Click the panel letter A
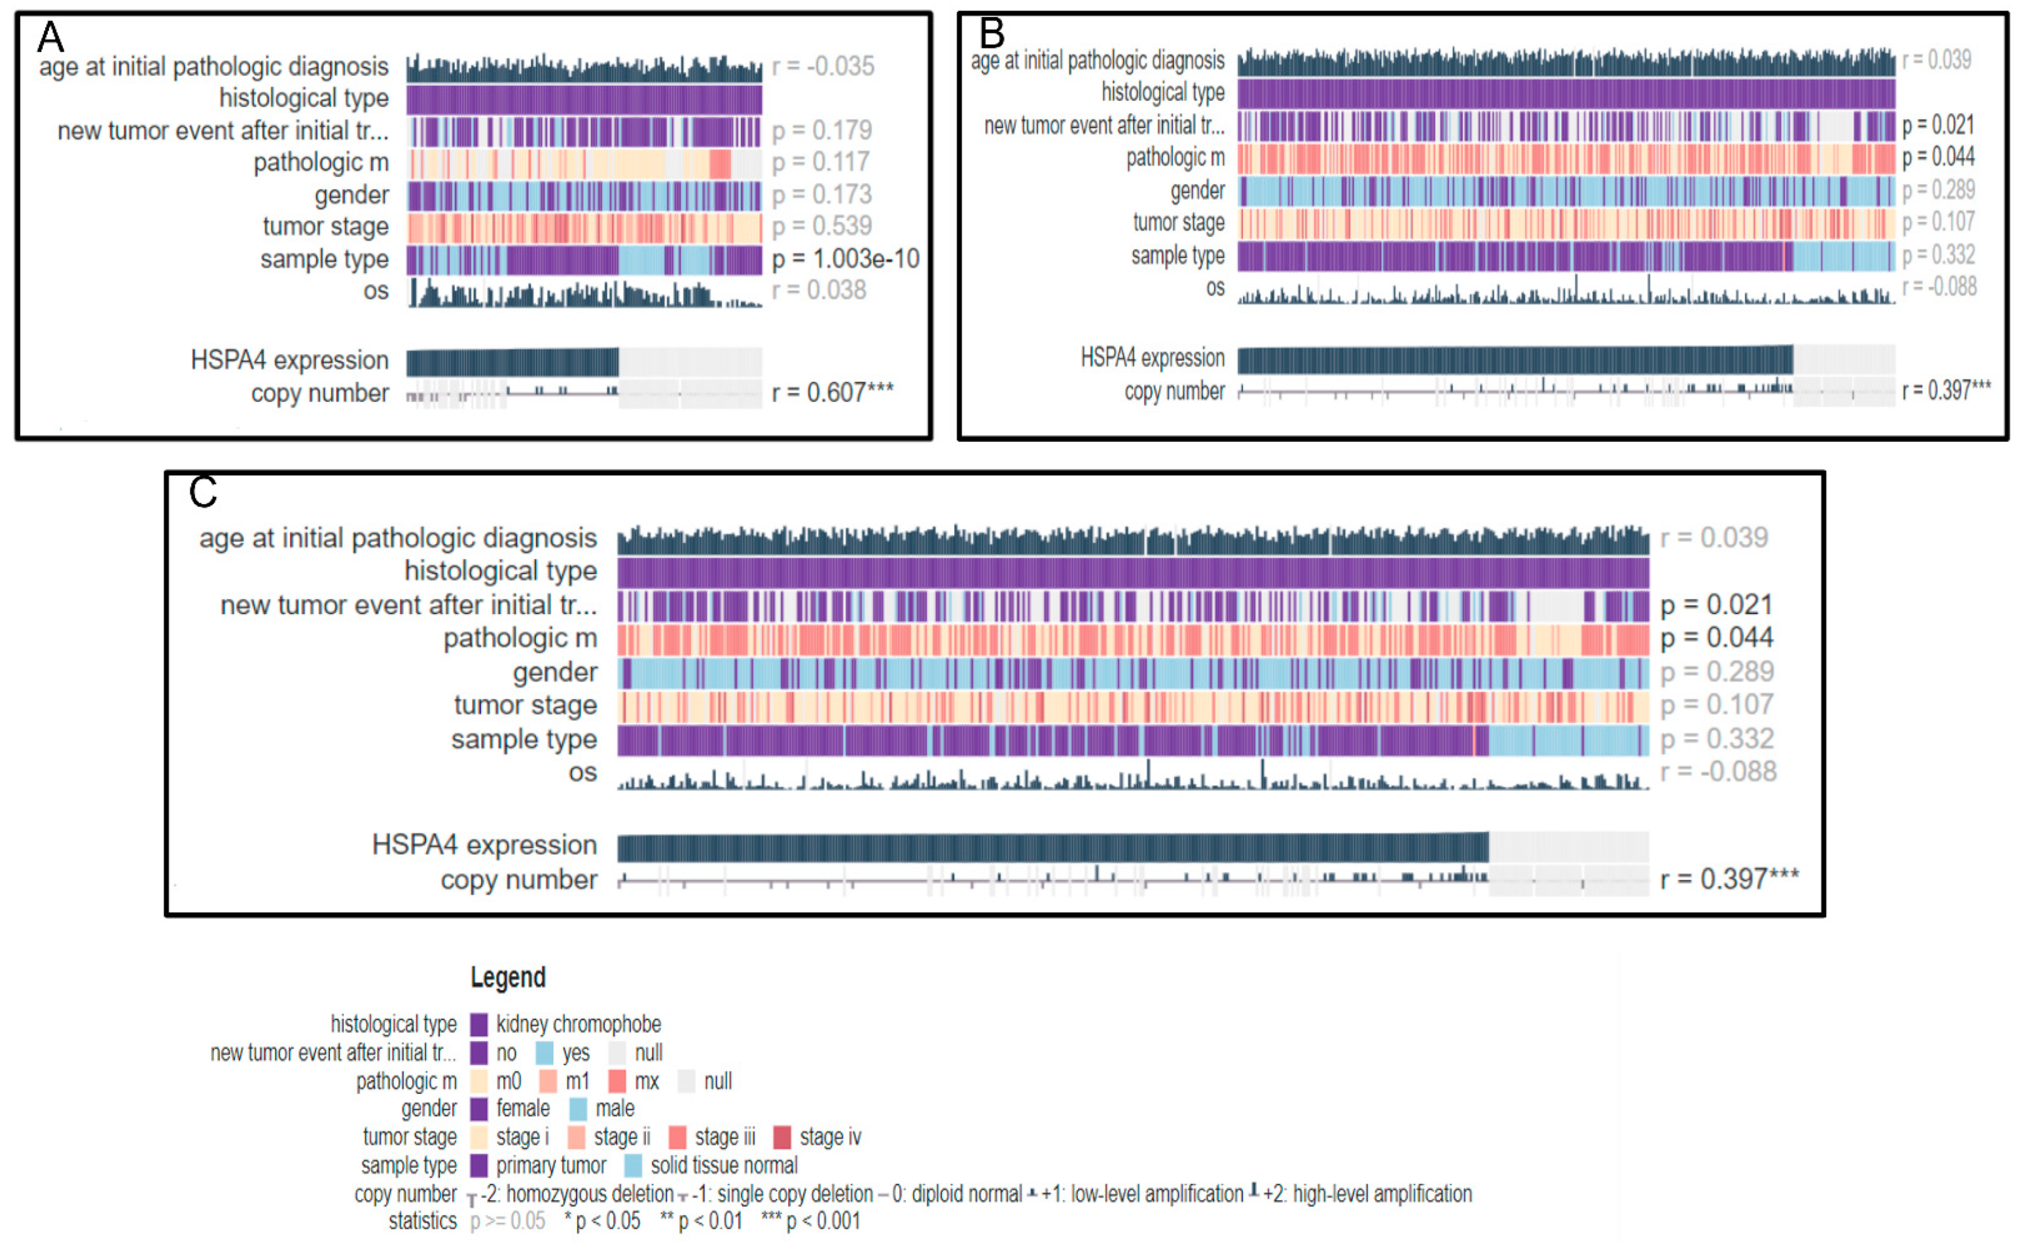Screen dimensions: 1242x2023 click(x=51, y=37)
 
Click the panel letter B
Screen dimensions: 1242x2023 click(x=992, y=33)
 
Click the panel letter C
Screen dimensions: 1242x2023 click(x=203, y=492)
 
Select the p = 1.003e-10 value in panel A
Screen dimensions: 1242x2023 click(x=845, y=259)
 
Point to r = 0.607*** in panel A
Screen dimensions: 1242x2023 click(x=832, y=393)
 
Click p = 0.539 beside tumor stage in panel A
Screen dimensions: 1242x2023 click(x=821, y=226)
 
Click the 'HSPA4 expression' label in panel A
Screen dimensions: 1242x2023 click(x=289, y=360)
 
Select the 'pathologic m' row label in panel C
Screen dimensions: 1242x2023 click(x=520, y=638)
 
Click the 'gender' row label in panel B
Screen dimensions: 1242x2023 click(x=1197, y=191)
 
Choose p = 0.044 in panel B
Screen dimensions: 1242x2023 click(x=1938, y=157)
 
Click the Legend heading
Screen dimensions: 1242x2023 click(x=507, y=977)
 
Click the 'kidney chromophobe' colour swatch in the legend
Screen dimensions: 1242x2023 click(x=478, y=1025)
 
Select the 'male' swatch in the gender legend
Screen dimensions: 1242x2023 click(x=578, y=1109)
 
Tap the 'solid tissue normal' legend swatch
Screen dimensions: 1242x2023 click(x=633, y=1165)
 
